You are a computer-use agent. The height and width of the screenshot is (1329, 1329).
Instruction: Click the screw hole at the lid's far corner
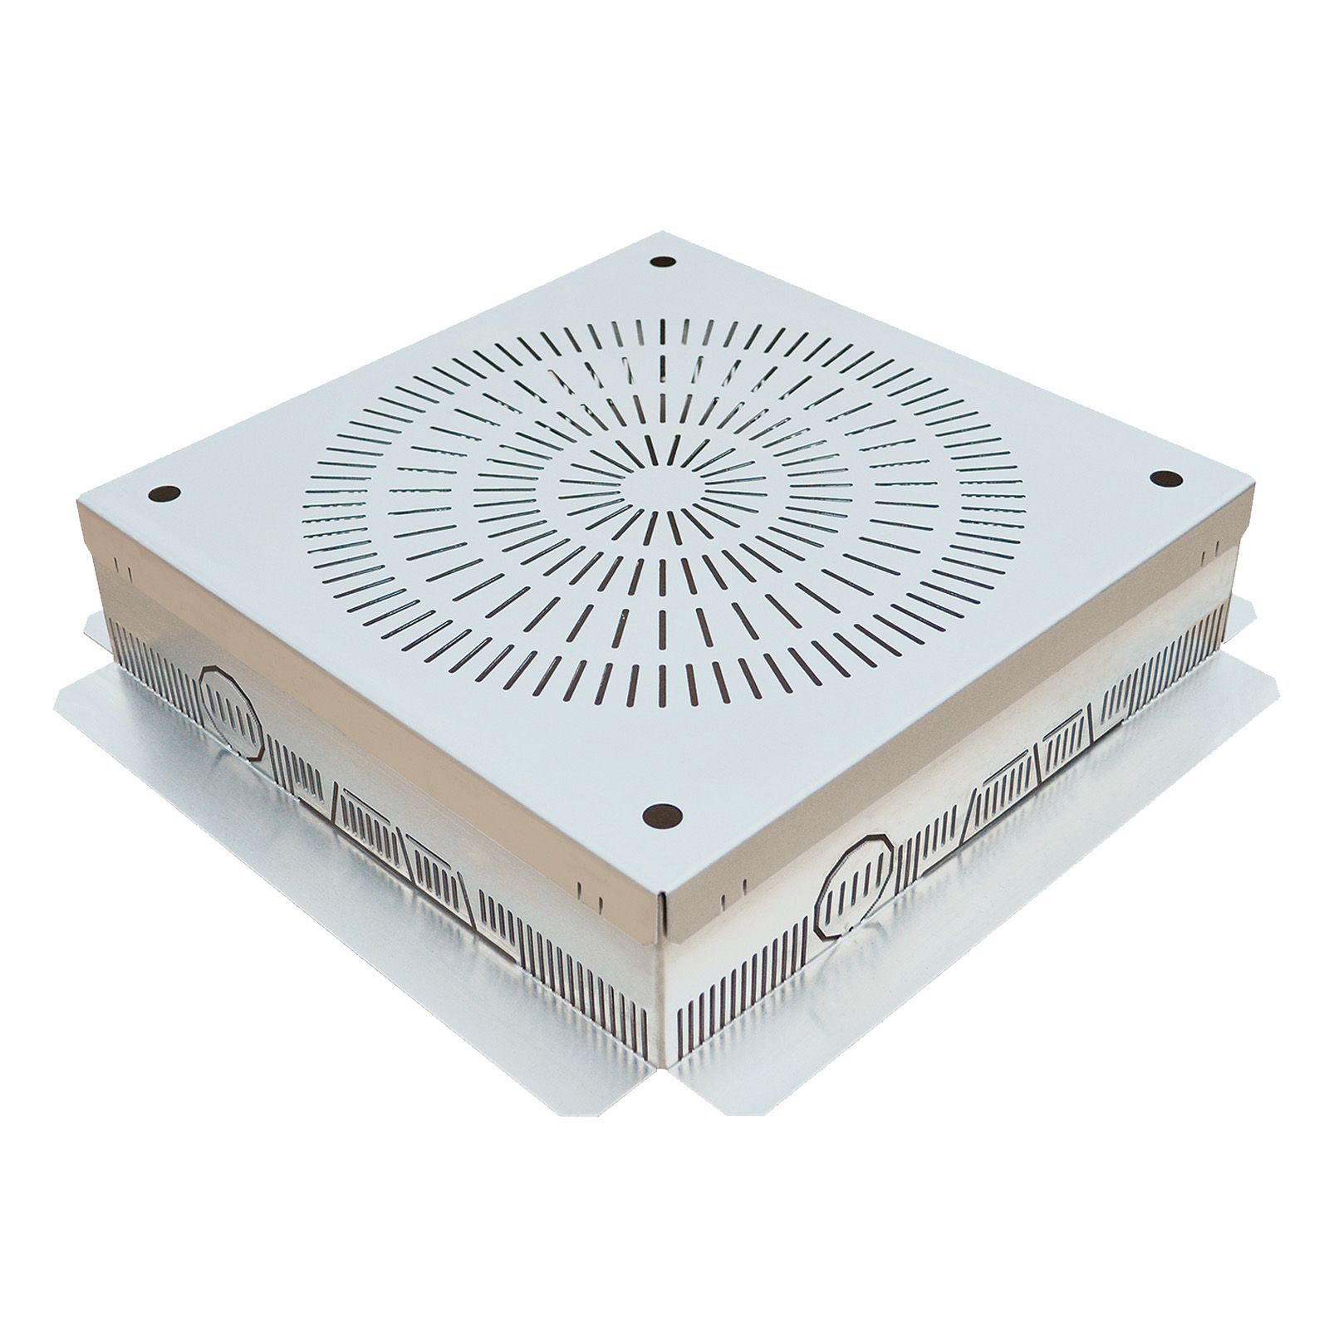point(663,262)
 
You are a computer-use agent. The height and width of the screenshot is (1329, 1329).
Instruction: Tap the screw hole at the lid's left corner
point(164,493)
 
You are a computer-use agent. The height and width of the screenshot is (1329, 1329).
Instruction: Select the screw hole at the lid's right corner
point(1166,478)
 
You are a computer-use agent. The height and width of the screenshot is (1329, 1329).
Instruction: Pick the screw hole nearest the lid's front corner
point(662,815)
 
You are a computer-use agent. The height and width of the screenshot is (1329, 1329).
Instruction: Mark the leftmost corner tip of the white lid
point(78,502)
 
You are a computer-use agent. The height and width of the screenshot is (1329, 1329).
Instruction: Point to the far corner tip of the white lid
point(662,233)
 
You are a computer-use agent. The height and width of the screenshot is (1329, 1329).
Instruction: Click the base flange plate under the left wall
point(349,980)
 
